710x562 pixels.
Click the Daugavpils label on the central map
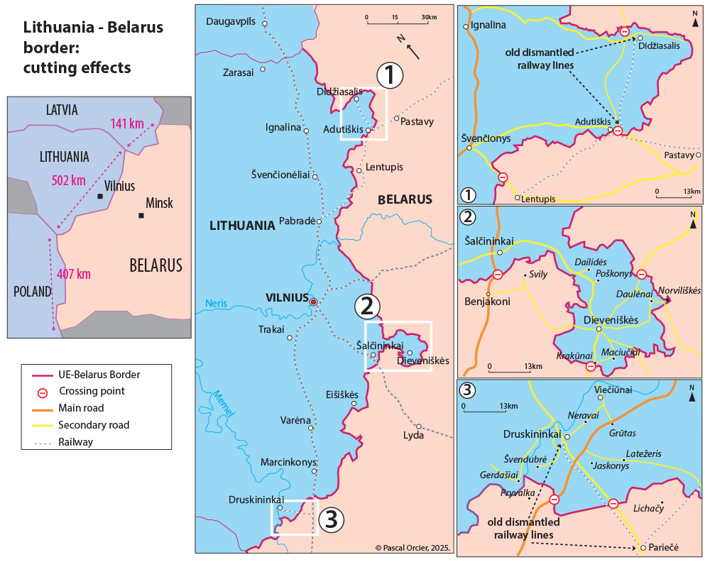(x=230, y=21)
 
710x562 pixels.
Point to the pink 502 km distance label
(x=68, y=180)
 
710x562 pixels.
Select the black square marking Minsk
(x=141, y=216)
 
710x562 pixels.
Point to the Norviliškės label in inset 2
(x=679, y=290)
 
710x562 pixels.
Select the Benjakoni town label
(x=487, y=301)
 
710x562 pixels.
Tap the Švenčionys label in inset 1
(x=485, y=138)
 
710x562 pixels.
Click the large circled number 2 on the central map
(x=366, y=306)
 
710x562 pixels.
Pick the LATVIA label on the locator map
(x=62, y=110)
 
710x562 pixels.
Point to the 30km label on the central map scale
(x=428, y=16)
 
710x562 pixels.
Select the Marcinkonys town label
(x=288, y=462)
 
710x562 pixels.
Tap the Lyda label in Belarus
(x=413, y=435)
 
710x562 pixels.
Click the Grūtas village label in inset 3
(x=623, y=432)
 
